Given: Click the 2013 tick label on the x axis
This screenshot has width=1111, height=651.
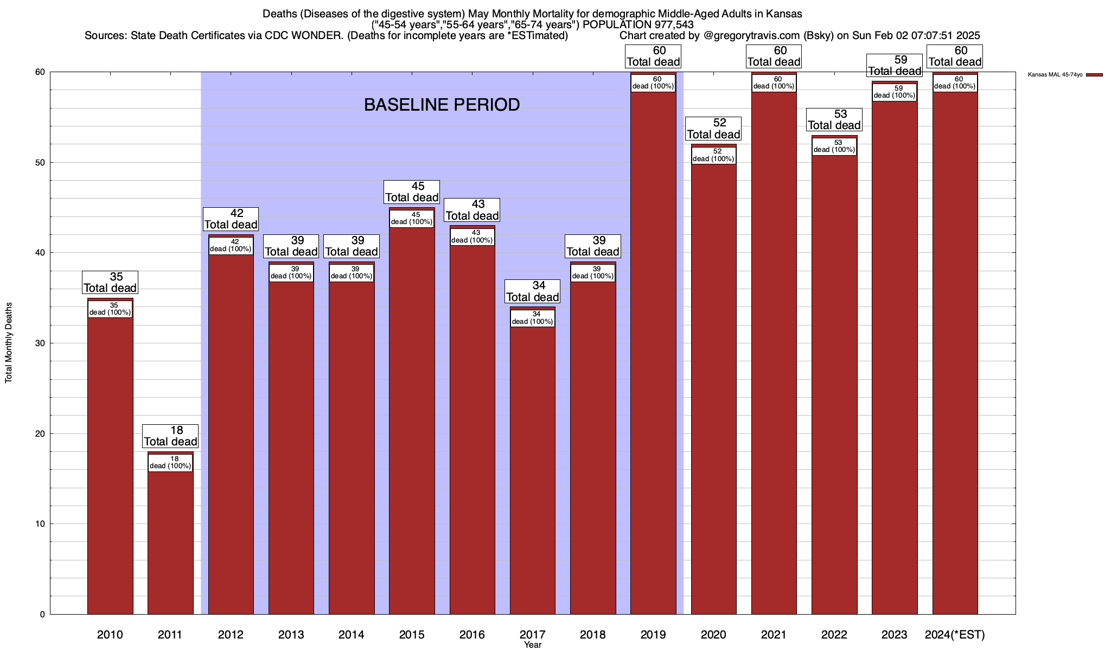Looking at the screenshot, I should (291, 634).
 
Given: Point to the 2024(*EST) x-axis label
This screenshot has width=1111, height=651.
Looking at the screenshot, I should (955, 634).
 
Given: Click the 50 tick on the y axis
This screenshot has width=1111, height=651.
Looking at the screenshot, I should (40, 163).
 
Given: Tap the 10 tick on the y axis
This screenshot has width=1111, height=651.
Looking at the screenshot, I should (40, 524).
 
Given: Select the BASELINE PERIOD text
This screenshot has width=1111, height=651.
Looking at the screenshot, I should (442, 105).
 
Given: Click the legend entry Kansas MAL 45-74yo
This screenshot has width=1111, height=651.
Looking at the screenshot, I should (1055, 74).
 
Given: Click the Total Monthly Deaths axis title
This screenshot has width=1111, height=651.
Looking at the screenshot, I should (9, 343).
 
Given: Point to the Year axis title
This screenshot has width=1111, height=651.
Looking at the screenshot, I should (533, 644).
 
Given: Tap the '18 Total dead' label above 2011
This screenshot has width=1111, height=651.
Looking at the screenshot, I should (170, 436).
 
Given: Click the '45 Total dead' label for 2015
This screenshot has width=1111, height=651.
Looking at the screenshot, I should (412, 192).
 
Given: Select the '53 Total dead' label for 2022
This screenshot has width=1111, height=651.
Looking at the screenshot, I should (834, 120).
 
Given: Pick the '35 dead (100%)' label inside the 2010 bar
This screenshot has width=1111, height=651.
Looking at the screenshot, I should (110, 309).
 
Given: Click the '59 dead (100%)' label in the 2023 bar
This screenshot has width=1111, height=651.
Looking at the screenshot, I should (895, 92).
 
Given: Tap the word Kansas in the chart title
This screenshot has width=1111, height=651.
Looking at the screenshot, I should (784, 14).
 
